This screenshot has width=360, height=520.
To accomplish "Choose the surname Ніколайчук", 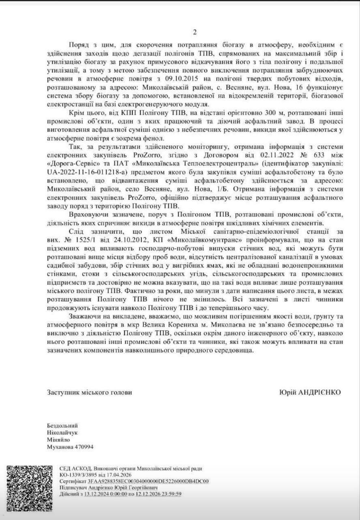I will click(62, 432).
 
